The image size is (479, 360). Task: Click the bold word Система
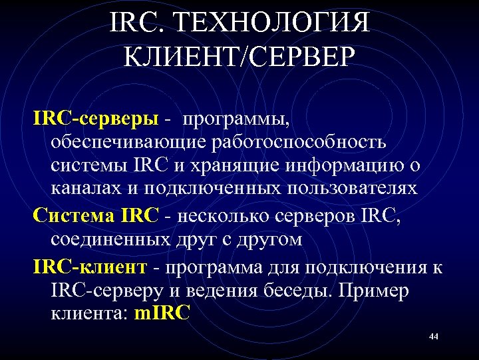74,215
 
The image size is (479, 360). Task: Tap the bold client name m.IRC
162,313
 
